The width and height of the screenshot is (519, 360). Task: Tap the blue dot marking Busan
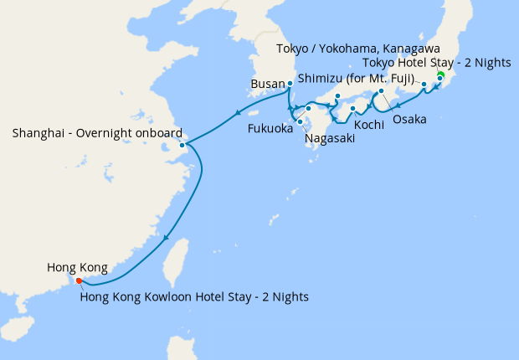290,84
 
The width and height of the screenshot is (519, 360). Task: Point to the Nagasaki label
330,139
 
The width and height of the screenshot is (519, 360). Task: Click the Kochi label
369,124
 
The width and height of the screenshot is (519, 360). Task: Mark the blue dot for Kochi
352,109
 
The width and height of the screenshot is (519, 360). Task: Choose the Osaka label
409,120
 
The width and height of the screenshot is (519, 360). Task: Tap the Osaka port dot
381,91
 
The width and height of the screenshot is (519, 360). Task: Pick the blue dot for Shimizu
424,85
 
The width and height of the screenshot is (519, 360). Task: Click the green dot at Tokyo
440,74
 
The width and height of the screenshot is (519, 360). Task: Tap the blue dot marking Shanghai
182,145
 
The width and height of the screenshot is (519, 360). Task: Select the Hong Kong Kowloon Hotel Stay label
195,296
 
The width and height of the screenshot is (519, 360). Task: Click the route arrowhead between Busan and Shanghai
239,114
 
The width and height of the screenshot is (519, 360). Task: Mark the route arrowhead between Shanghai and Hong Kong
167,239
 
